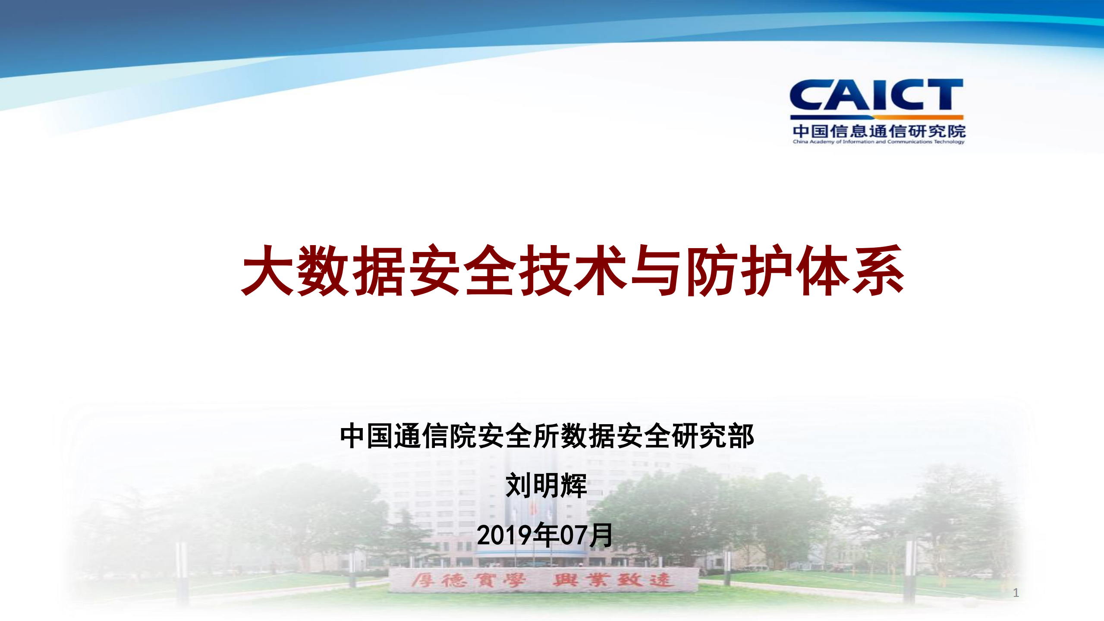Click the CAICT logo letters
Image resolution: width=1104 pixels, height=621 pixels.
(876, 95)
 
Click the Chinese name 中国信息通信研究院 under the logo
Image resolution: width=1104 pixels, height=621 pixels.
(878, 131)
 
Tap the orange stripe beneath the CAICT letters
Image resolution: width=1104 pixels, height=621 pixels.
(877, 117)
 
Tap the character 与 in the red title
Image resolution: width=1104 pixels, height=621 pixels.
(657, 271)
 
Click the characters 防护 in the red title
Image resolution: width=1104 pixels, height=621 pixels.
(740, 271)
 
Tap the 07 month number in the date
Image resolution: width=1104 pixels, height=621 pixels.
(574, 536)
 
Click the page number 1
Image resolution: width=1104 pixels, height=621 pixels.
(1016, 593)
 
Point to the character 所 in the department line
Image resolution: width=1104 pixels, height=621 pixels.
(547, 437)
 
